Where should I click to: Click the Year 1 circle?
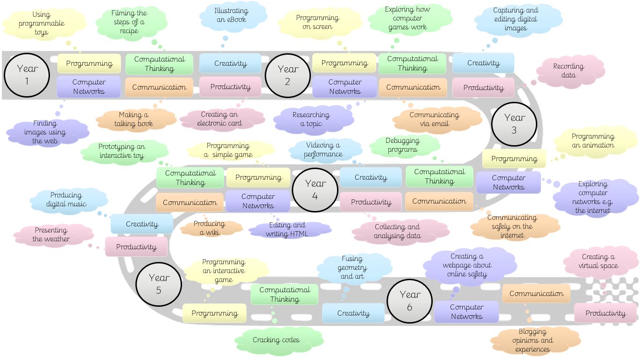pyautogui.click(x=27, y=75)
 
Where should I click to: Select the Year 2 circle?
pyautogui.click(x=288, y=75)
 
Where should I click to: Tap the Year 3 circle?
pyautogui.click(x=514, y=124)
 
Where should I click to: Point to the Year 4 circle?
pyautogui.click(x=315, y=190)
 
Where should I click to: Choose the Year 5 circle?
pyautogui.click(x=158, y=284)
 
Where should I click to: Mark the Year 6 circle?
pyautogui.click(x=409, y=301)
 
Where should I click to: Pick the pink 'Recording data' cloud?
pyautogui.click(x=568, y=71)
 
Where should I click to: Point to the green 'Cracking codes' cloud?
pyautogui.click(x=276, y=340)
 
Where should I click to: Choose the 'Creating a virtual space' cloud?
pyautogui.click(x=598, y=261)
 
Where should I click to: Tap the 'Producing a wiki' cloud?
pyautogui.click(x=209, y=228)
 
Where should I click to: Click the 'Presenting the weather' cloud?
pyautogui.click(x=51, y=234)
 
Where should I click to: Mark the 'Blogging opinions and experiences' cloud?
pyautogui.click(x=533, y=340)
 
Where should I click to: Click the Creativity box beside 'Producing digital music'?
pyautogui.click(x=142, y=224)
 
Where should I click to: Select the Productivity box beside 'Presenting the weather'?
pyautogui.click(x=136, y=247)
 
